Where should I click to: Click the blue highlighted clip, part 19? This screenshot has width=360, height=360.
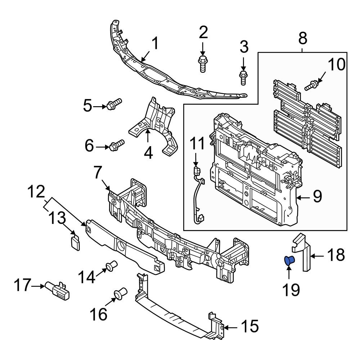[289, 260]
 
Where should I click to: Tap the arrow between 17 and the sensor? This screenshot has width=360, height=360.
[37, 286]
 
